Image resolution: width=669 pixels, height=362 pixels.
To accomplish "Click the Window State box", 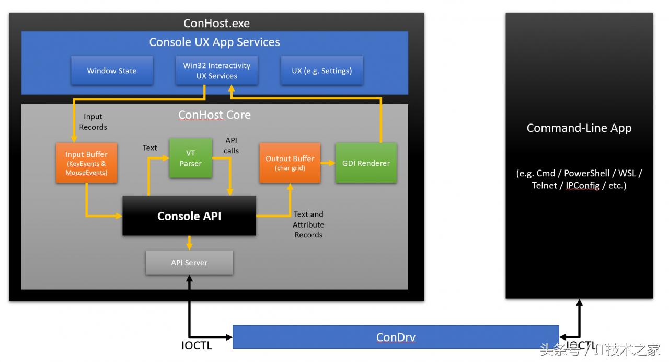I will coord(112,71).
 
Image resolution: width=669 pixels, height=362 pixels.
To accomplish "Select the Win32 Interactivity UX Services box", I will coord(216,71).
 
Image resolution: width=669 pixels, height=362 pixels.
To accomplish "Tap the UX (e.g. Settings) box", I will coord(321,71).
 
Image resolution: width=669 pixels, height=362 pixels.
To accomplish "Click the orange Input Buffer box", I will coord(86,163).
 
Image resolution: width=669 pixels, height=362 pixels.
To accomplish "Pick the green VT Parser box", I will coord(190,158).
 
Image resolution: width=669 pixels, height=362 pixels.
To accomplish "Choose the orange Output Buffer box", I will coord(290,163).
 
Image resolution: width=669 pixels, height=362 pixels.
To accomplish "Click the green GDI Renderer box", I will coord(366,163).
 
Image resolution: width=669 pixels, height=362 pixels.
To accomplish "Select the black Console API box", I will coord(189,216).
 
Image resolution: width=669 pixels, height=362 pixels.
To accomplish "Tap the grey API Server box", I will coord(189,262).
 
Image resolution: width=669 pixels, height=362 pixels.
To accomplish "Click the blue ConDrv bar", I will coord(396,337).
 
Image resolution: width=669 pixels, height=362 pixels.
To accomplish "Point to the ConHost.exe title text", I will coord(216,23).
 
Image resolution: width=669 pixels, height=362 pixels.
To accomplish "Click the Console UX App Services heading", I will coord(214,42).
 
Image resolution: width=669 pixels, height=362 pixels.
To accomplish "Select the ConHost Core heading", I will coord(214,115).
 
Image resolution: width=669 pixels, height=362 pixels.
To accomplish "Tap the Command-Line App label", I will coord(579,128).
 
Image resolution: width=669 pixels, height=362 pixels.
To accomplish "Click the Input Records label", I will coord(93,122).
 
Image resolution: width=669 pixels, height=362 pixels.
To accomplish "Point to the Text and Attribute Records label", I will coord(308,224).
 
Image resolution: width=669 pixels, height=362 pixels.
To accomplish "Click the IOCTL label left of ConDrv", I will coord(197,346).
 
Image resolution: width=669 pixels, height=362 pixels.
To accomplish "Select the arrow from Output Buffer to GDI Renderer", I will coord(328,163).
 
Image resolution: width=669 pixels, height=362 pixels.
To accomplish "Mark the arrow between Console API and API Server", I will coord(189,243).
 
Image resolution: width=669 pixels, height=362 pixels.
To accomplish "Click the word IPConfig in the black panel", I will coord(582,185).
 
